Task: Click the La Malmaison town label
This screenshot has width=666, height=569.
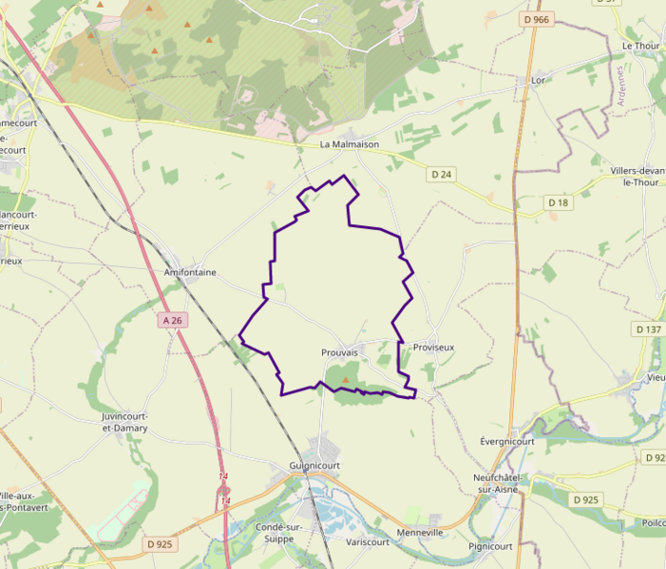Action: [349, 144]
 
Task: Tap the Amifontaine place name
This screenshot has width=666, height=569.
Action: [190, 273]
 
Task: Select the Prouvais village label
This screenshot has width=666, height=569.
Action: [339, 352]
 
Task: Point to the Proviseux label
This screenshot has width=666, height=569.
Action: [433, 348]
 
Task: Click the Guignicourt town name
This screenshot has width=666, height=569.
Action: [314, 466]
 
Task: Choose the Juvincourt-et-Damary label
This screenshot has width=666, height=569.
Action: [124, 423]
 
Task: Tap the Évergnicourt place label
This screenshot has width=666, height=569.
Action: [507, 442]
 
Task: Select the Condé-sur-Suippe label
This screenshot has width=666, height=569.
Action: [279, 533]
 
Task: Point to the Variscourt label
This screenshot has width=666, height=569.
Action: [368, 542]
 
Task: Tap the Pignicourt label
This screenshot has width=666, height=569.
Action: [490, 546]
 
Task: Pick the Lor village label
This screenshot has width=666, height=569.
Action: [538, 81]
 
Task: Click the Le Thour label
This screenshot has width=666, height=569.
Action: [639, 46]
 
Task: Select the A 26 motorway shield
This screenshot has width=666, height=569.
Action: [172, 321]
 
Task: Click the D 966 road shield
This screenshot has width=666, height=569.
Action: [537, 19]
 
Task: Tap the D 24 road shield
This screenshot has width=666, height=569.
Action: [442, 175]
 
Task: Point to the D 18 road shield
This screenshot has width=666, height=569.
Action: [559, 202]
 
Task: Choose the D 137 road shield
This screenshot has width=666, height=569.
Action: [649, 330]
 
